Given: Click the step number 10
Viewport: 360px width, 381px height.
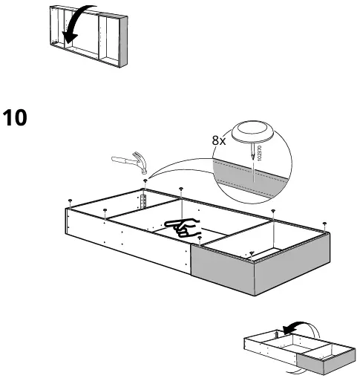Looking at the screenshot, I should [x=16, y=117].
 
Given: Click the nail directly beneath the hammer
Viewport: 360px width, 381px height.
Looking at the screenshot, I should [x=145, y=180].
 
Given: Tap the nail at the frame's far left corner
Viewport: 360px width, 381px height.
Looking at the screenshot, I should [x=69, y=201].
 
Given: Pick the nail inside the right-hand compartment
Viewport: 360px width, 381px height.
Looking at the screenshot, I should [x=252, y=253].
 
